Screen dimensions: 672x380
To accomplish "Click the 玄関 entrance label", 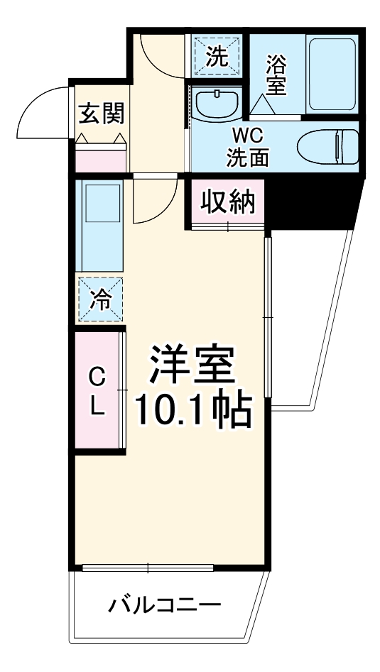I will (102, 112).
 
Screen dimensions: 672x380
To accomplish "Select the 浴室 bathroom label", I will (276, 75).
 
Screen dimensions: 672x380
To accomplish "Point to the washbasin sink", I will (215, 105).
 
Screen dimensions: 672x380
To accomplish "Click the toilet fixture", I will (329, 147).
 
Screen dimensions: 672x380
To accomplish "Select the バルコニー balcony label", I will (164, 606).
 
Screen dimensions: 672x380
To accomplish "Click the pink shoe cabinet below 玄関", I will (102, 157).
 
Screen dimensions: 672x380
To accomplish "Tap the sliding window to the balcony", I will (148, 568).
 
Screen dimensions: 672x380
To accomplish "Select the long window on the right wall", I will (268, 315).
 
